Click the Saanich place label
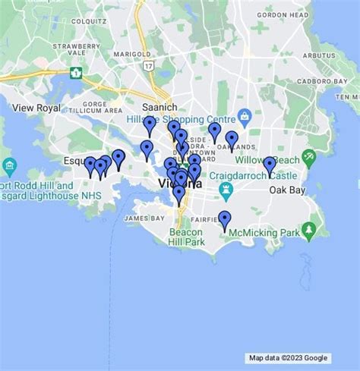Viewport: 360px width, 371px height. tap(159, 108)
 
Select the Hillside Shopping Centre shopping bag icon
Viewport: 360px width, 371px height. tap(245, 116)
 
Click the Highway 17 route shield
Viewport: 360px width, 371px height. tap(150, 67)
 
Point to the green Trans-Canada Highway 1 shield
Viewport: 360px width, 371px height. tap(75, 73)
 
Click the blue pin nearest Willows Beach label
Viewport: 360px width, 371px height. tap(270, 165)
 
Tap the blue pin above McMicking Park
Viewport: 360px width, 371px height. tap(225, 219)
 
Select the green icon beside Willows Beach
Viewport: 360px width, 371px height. tap(308, 159)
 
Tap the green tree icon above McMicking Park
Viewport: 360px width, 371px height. tap(308, 229)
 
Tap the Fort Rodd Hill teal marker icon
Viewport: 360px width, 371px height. tap(10, 166)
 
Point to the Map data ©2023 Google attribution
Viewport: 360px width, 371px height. tap(288, 358)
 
